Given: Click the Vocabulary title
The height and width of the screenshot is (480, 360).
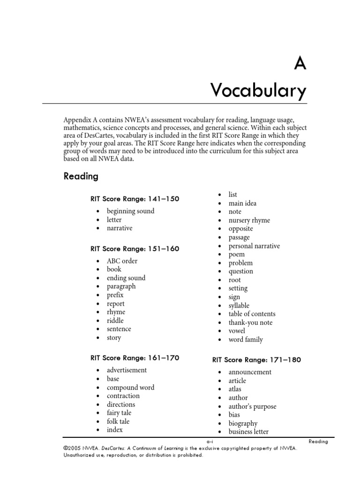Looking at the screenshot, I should tap(259, 90).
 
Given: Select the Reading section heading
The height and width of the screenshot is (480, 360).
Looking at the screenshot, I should tap(81, 177).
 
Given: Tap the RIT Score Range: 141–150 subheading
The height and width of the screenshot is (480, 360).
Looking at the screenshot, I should tap(135, 199).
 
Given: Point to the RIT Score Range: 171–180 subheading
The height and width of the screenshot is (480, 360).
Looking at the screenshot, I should tap(256, 360).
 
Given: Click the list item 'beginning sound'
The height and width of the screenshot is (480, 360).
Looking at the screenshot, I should tap(130, 211).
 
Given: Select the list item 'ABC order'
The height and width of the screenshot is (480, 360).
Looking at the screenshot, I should tap(122, 261).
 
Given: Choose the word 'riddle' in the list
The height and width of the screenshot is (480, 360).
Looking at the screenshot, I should tap(116, 321).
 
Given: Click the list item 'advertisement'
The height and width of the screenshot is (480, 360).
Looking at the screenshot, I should tap(127, 370).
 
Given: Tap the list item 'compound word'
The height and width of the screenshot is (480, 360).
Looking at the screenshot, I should tap(130, 387).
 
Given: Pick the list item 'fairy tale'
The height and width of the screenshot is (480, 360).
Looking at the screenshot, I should tap(119, 412).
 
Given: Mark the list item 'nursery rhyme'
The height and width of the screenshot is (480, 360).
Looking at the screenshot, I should tap(249, 220).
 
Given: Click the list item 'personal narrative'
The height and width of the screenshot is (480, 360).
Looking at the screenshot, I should tap(254, 246).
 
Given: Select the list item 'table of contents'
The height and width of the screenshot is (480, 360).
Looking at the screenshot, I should tap(252, 314).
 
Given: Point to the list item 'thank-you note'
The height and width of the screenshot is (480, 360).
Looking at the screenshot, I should tap(250, 322).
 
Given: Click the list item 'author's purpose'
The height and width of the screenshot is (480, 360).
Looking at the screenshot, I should tap(252, 406).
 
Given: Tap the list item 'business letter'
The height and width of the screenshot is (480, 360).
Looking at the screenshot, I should tap(248, 432).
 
